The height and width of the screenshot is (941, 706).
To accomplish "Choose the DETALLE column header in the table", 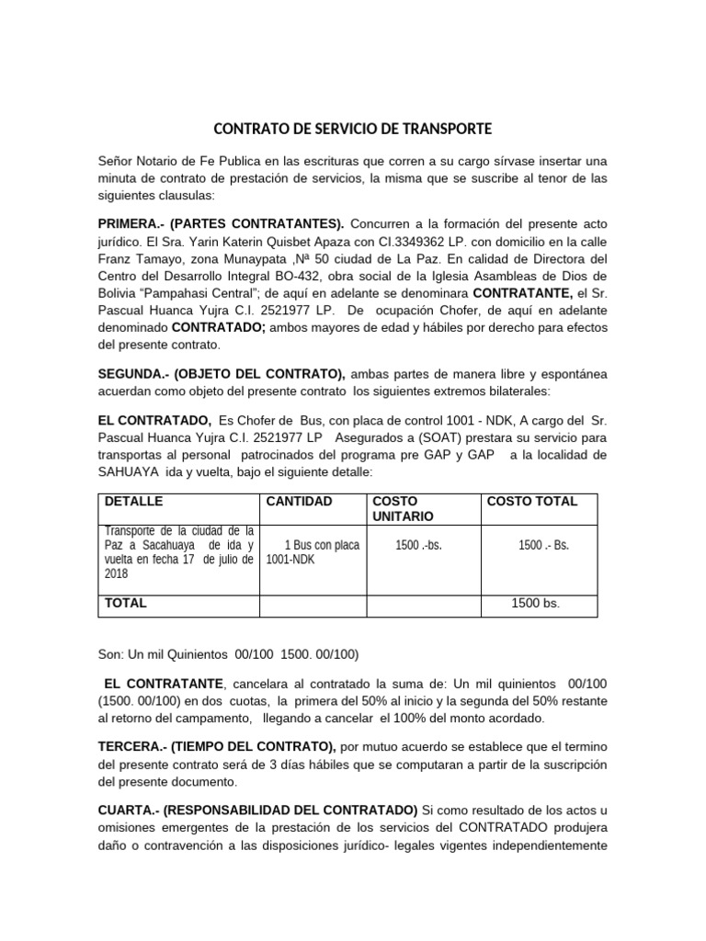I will [x=134, y=502].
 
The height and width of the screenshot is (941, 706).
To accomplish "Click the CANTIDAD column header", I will [x=299, y=502].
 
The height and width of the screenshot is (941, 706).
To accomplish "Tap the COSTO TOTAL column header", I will [x=531, y=502].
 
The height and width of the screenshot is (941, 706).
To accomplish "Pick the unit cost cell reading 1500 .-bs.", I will [x=418, y=544].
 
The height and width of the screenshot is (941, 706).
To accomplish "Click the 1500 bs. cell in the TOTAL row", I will [x=535, y=604].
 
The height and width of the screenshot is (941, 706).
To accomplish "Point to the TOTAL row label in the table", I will [x=126, y=604].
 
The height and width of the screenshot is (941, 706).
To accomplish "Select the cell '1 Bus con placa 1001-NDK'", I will [x=313, y=551].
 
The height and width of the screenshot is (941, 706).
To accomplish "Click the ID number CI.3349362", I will [x=361, y=242].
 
